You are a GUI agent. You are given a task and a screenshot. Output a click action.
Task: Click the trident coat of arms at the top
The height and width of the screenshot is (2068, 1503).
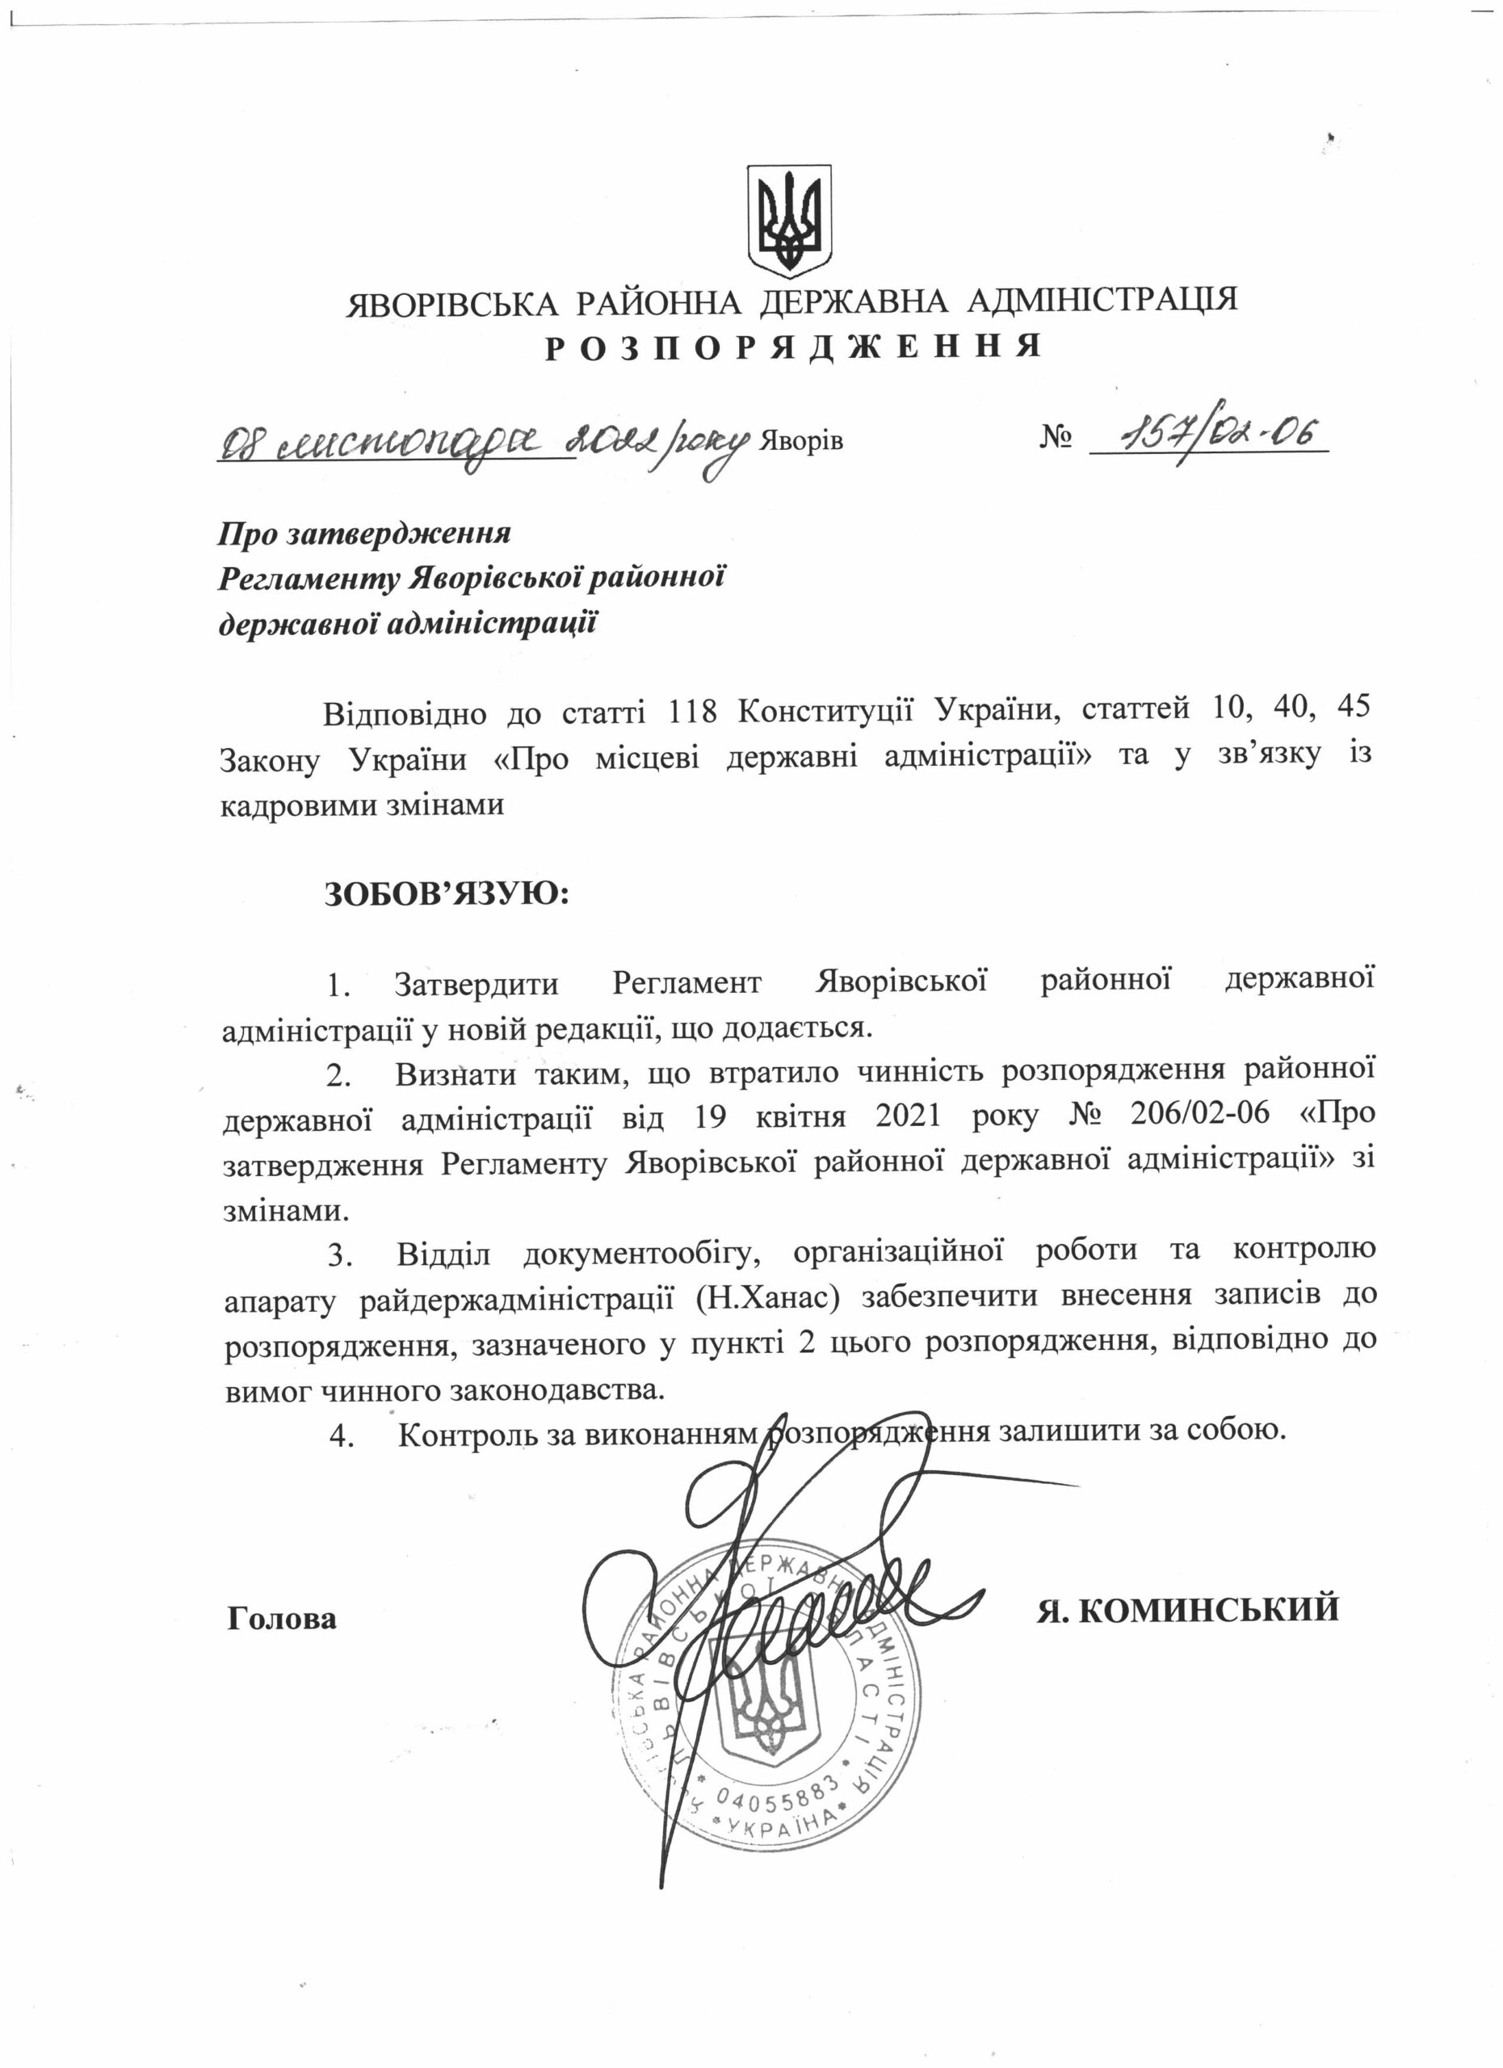(x=789, y=221)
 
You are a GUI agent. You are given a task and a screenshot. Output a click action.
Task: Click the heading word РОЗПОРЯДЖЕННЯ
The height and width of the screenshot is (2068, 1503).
(x=793, y=347)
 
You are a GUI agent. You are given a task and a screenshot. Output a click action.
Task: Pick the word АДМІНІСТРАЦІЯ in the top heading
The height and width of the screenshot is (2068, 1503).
(x=1102, y=300)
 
